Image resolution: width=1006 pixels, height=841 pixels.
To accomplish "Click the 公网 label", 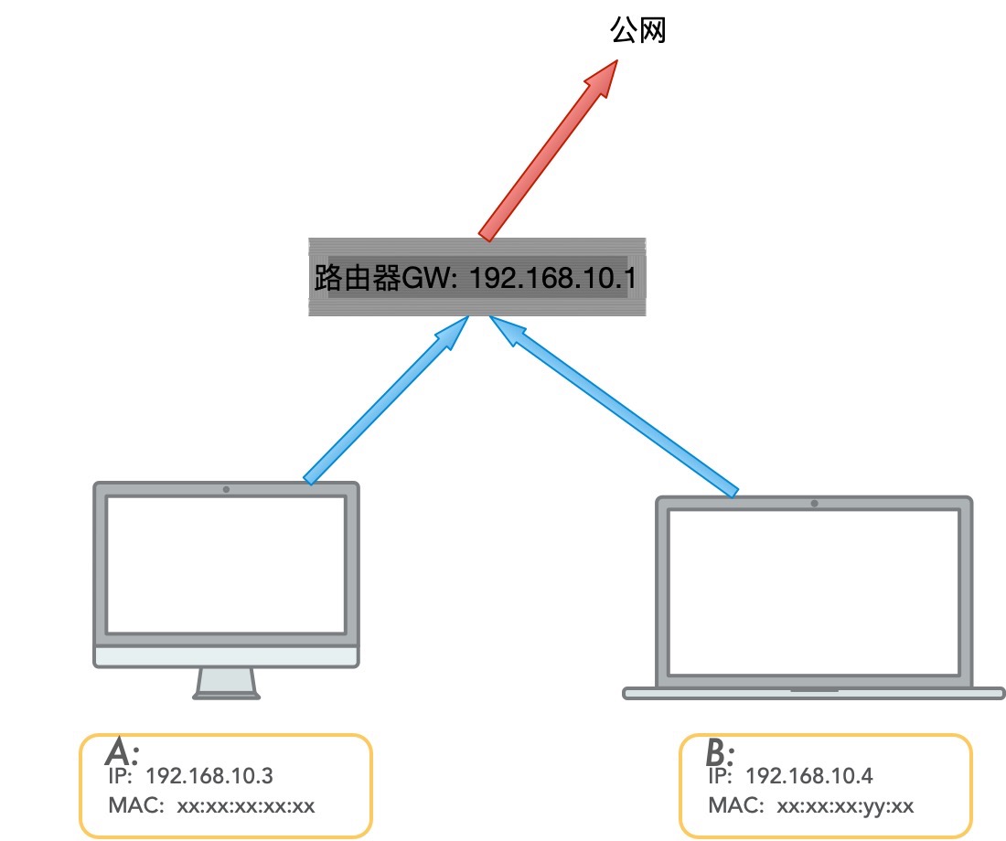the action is tap(637, 30).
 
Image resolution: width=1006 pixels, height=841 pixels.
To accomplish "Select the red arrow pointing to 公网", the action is tap(548, 151).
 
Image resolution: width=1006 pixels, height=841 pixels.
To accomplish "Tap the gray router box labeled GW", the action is tap(477, 277).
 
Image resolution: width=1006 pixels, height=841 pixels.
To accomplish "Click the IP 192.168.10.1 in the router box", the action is tap(553, 279).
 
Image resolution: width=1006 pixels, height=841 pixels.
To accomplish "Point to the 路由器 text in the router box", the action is tap(358, 278).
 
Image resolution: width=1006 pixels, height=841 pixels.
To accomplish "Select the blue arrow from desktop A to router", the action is tap(386, 399).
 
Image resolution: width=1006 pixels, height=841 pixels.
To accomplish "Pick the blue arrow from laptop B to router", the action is tap(614, 406).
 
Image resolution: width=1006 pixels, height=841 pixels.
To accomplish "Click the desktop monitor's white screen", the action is tap(226, 565).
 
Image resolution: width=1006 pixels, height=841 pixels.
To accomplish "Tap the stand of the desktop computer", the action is tap(227, 683).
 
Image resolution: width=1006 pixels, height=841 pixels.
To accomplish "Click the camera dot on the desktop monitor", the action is tap(226, 489).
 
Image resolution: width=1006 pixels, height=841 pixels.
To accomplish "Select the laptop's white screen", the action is tap(814, 592).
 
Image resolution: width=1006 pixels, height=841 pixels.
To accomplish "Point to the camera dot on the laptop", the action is tap(814, 504).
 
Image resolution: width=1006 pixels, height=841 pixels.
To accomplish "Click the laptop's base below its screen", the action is tap(814, 693).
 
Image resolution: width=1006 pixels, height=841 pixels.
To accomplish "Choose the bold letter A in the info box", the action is tap(120, 751).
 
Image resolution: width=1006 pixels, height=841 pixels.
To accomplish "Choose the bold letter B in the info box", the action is tap(717, 751).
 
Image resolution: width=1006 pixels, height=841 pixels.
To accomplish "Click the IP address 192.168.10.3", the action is tap(209, 776).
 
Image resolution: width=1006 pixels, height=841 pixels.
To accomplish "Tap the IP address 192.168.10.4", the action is tap(809, 776).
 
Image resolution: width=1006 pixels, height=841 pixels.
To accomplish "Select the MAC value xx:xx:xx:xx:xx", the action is tap(246, 805).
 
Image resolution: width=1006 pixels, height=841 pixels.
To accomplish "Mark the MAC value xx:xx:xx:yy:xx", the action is tap(845, 806).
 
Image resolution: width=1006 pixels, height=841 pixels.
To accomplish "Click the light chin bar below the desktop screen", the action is tap(226, 657).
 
